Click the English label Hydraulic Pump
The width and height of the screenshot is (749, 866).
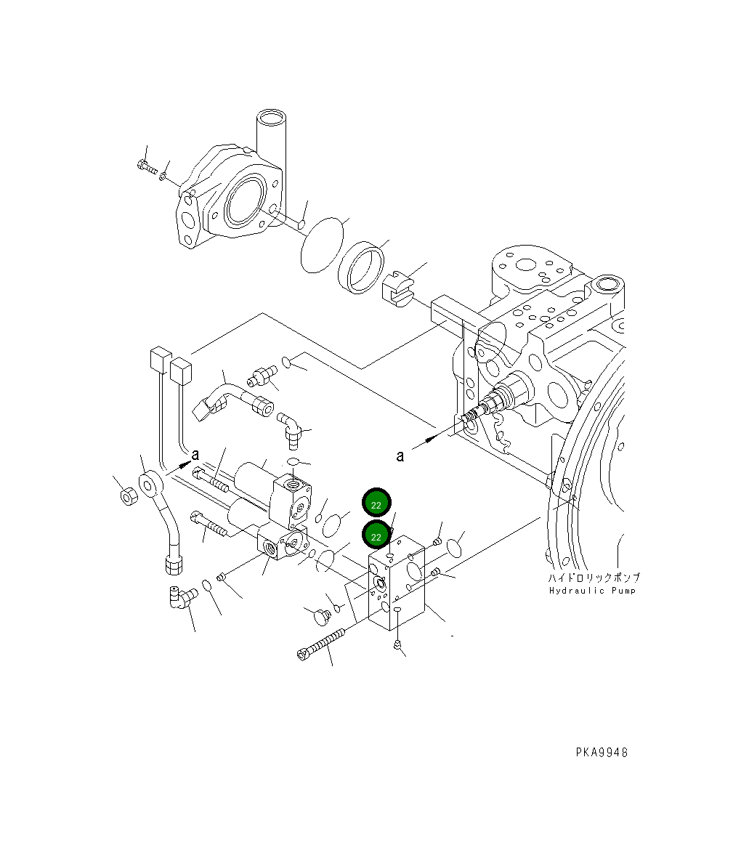click(592, 591)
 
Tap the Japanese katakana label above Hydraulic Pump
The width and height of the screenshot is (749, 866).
click(594, 578)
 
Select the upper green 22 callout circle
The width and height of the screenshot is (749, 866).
click(376, 503)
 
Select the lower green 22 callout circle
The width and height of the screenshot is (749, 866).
click(376, 535)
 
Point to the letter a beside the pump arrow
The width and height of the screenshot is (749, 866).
click(400, 456)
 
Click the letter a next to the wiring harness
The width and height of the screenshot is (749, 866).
click(195, 454)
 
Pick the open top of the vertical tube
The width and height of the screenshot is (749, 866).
click(271, 117)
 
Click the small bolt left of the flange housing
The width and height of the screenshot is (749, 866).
click(146, 166)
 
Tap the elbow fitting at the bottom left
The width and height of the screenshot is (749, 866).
click(179, 597)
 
